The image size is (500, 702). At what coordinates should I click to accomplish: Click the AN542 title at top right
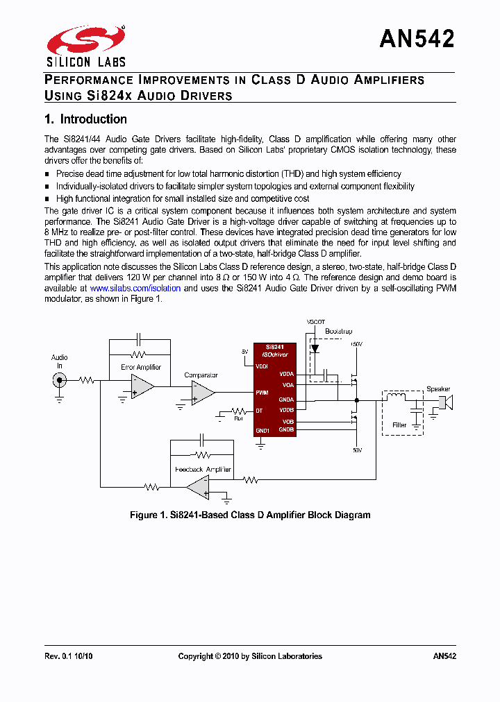[417, 39]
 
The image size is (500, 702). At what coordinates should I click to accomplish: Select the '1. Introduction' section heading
[85, 119]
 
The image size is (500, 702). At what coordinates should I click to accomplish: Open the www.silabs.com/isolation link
[135, 288]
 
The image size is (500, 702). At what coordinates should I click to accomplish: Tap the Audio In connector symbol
[60, 379]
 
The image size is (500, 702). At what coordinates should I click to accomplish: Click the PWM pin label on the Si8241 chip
[262, 393]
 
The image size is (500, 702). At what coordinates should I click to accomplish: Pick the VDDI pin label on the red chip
[262, 366]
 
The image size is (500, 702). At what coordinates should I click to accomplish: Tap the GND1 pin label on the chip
[262, 430]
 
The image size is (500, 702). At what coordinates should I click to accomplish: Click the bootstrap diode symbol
[315, 349]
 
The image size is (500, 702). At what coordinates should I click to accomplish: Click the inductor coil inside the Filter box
[397, 397]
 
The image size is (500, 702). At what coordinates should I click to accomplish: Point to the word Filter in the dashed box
[399, 425]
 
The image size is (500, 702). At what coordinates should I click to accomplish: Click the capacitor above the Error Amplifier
[139, 339]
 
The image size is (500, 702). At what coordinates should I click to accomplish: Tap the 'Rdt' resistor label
[238, 418]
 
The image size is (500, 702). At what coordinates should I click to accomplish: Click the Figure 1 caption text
[250, 515]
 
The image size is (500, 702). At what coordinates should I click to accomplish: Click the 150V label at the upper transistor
[356, 344]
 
